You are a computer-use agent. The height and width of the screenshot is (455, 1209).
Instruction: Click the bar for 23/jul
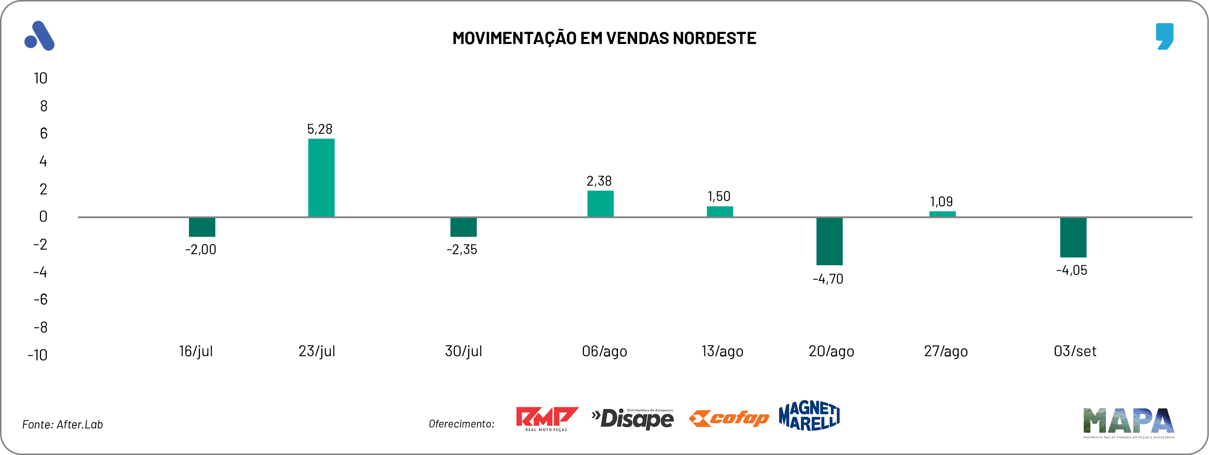click(321, 178)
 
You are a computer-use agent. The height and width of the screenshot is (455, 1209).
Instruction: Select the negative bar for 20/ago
click(829, 241)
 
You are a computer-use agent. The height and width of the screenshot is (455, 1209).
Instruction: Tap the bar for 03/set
click(1073, 237)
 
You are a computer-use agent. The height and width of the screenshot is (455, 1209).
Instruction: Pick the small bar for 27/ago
click(942, 214)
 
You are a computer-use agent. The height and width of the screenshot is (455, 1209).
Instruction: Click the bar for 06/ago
click(600, 203)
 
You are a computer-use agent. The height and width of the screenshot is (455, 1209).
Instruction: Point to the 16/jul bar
click(202, 227)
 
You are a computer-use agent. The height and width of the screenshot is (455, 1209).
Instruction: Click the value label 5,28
click(320, 129)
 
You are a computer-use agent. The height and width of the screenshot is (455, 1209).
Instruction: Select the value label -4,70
click(828, 279)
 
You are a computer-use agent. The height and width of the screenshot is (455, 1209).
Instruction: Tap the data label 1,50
click(719, 196)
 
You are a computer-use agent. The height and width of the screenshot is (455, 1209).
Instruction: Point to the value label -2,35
click(462, 250)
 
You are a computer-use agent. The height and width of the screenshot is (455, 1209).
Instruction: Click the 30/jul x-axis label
click(463, 351)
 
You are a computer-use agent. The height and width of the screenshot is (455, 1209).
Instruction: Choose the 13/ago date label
click(722, 351)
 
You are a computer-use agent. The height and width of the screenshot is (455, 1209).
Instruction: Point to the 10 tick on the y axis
click(40, 78)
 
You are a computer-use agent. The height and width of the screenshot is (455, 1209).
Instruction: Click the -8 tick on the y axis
click(41, 327)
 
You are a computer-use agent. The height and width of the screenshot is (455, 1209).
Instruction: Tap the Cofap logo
click(728, 418)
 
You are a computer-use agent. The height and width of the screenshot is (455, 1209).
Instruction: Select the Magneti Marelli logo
click(809, 416)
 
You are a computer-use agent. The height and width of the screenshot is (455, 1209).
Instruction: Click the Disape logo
click(633, 418)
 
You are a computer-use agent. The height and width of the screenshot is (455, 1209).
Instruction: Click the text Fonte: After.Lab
click(62, 424)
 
